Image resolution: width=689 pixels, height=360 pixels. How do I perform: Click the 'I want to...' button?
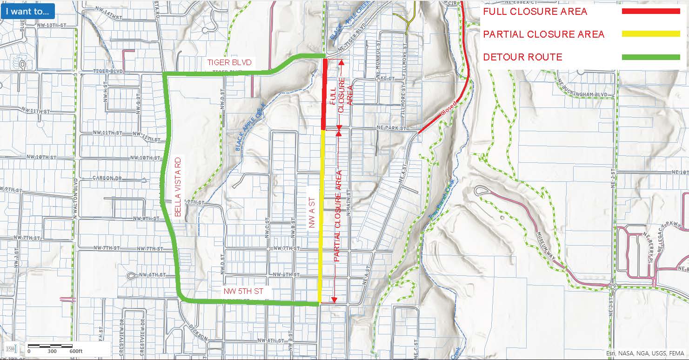(27, 11)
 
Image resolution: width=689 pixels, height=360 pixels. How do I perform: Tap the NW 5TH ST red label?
(243, 291)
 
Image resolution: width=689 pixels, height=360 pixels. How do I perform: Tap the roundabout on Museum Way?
(613, 287)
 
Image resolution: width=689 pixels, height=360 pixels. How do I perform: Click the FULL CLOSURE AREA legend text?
(535, 11)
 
